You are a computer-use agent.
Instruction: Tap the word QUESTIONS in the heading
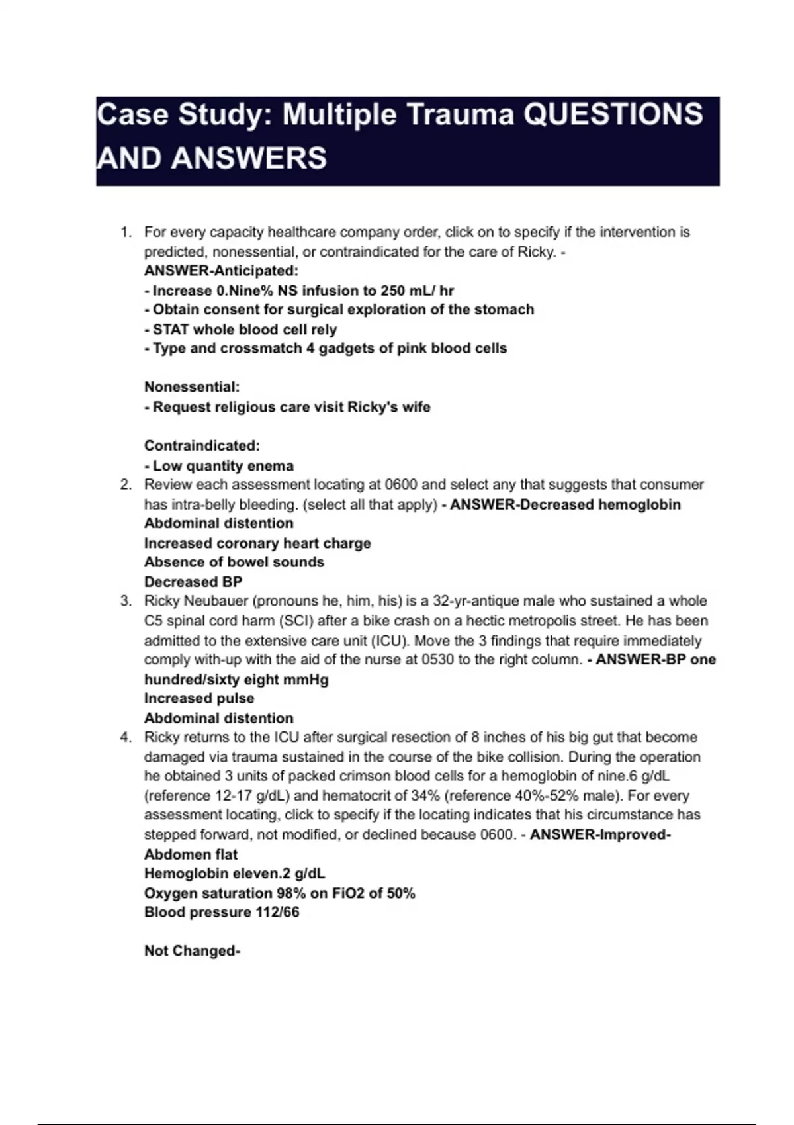click(x=613, y=114)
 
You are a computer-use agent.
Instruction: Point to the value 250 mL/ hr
click(x=417, y=291)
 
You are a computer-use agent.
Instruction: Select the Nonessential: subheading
click(x=192, y=387)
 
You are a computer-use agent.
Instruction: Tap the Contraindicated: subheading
click(x=202, y=445)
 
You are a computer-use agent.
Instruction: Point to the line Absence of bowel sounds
click(x=234, y=562)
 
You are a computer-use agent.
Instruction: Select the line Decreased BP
click(x=193, y=582)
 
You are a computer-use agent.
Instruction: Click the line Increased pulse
click(x=199, y=698)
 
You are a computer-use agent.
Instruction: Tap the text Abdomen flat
click(x=191, y=854)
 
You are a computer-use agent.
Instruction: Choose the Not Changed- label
click(x=192, y=951)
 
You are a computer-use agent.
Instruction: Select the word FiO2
click(x=347, y=893)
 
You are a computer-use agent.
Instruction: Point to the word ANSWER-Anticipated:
click(x=221, y=271)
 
